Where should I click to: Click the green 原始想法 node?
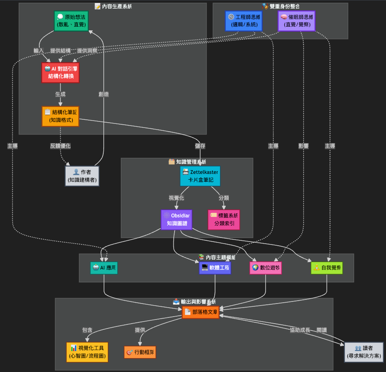pos(71,21)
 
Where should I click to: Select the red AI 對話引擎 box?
pos(60,73)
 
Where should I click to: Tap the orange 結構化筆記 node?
pos(60,116)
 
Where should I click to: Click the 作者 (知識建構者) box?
pos(82,176)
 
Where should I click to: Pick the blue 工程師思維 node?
pos(244,21)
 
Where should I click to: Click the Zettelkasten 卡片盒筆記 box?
pos(200,176)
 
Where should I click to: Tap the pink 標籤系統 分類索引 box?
pos(224,219)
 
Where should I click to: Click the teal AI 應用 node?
pos(104,268)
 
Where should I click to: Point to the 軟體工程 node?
pos(215,268)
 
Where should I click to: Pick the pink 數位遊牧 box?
pos(266,268)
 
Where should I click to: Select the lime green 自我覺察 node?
pos(327,268)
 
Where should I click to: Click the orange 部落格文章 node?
pos(201,312)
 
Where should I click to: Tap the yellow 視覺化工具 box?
pos(87,352)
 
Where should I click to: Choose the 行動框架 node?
pos(140,352)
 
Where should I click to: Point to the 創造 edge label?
pos(104,94)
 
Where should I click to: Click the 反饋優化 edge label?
pos(60,146)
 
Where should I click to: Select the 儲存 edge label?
pos(200,146)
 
